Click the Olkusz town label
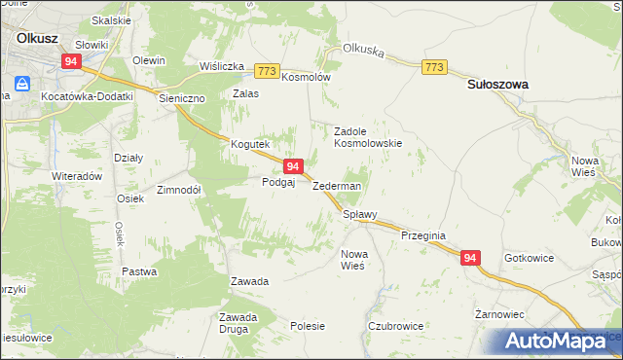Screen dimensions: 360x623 coord(38,38)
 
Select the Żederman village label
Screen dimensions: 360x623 coord(337,186)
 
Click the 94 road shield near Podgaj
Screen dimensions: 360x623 coord(292,167)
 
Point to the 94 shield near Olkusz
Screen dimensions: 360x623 coord(70,60)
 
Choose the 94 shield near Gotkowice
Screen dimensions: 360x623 coord(470,258)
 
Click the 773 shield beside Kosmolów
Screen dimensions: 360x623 coord(267,71)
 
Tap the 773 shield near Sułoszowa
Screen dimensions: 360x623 coord(434,66)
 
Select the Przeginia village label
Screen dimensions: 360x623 coord(422,235)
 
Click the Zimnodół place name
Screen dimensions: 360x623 coord(178,190)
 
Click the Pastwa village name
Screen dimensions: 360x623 coord(139,272)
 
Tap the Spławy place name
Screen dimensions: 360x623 coord(359,215)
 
